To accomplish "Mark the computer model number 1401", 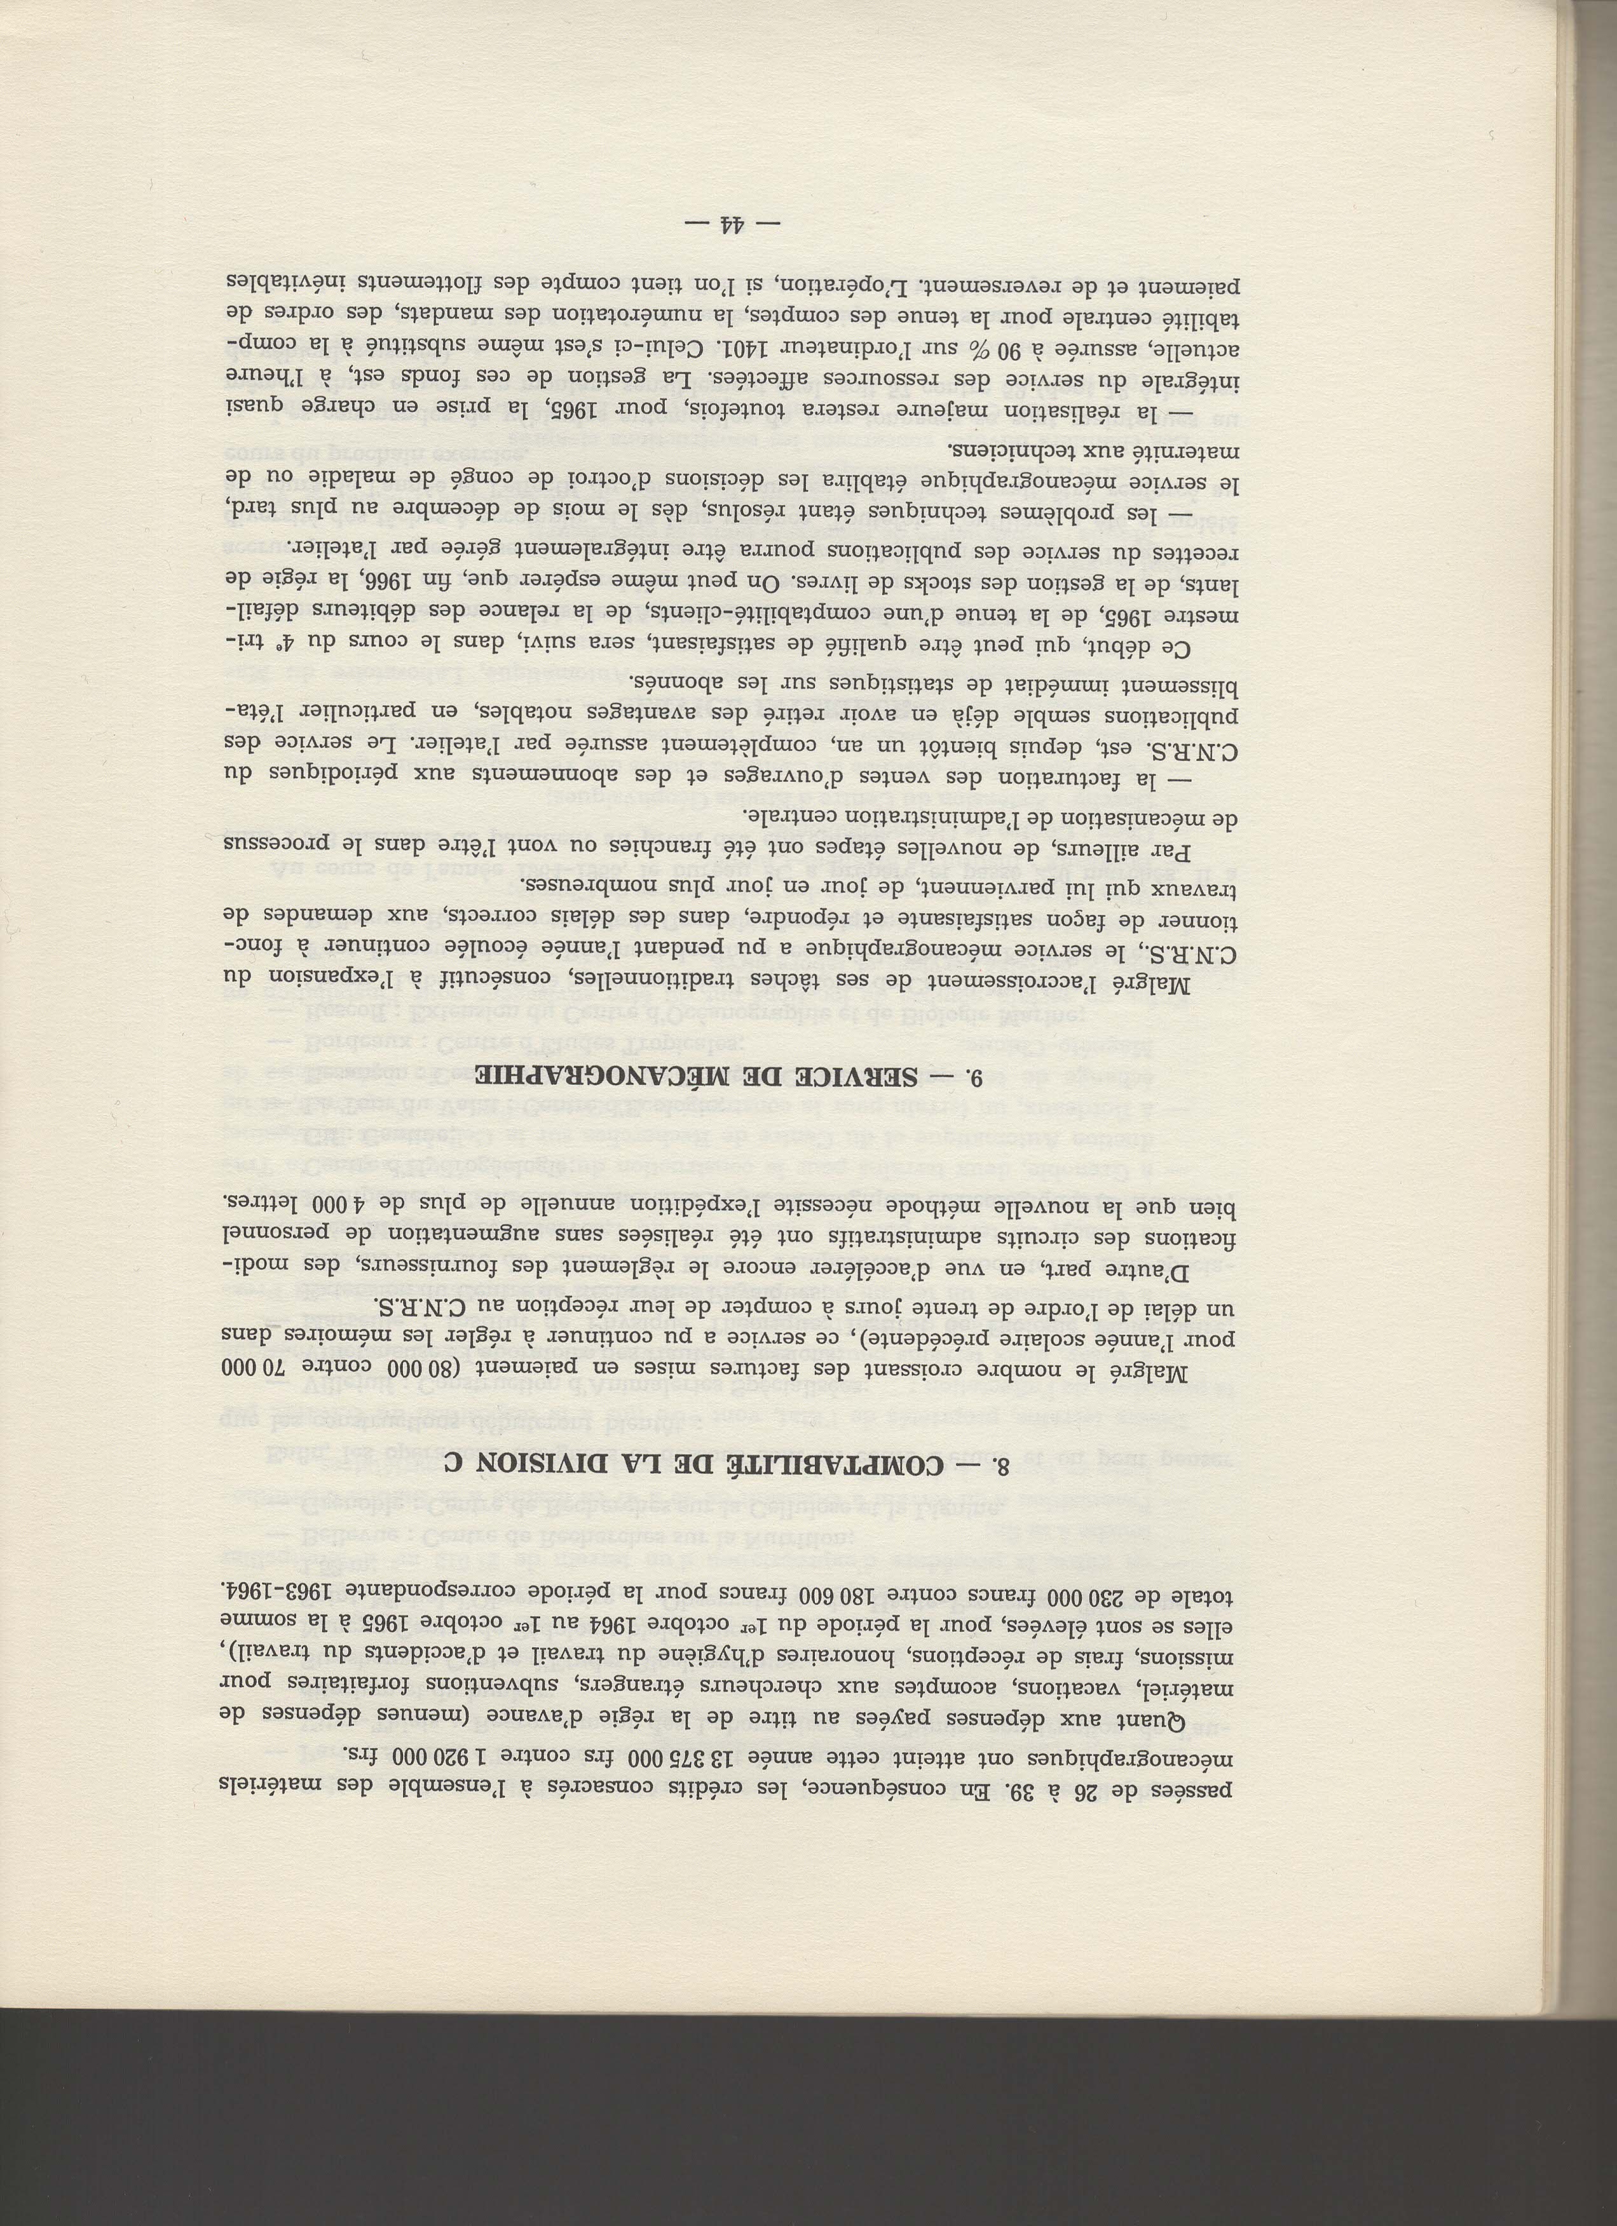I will click(746, 347).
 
